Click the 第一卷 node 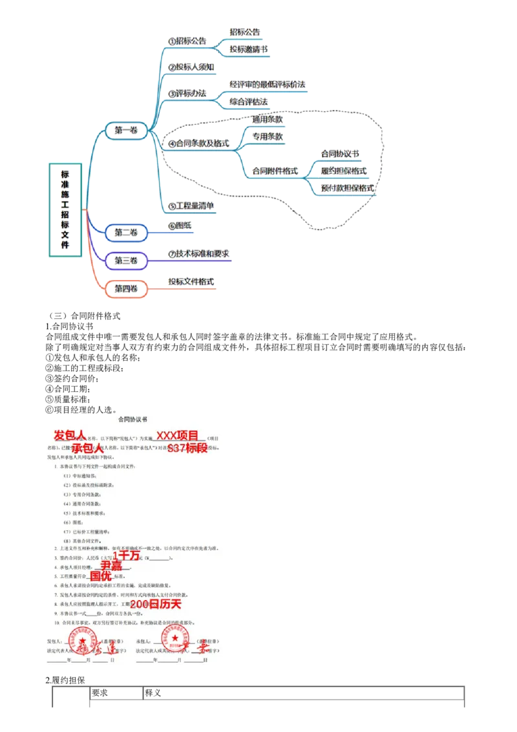tap(127, 131)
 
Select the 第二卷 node tap(126, 232)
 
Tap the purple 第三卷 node tap(126, 261)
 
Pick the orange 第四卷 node tap(126, 288)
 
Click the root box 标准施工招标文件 tap(65, 210)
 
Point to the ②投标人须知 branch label tap(191, 67)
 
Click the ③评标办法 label tap(186, 94)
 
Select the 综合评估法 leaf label tap(249, 102)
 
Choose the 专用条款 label tap(268, 136)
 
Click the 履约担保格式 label tap(344, 171)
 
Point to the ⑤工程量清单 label tap(191, 206)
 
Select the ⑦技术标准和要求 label tap(198, 254)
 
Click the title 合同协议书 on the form tap(134, 419)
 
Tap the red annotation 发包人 tap(69, 435)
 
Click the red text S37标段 tap(187, 448)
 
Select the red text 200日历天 tap(156, 603)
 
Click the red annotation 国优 tap(101, 576)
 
